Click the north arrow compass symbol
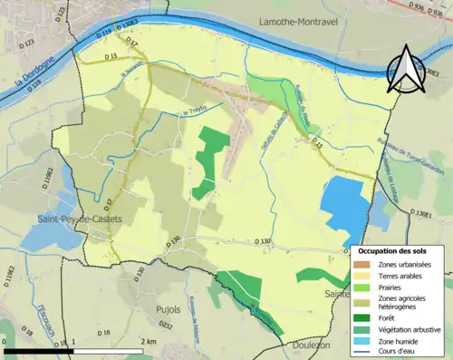pyautogui.click(x=404, y=70)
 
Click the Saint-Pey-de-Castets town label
pyautogui.click(x=74, y=219)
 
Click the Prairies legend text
pyautogui.click(x=391, y=286)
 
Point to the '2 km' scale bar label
pyautogui.click(x=149, y=342)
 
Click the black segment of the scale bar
pyautogui.click(x=36, y=350)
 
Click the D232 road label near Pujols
pyautogui.click(x=166, y=325)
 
